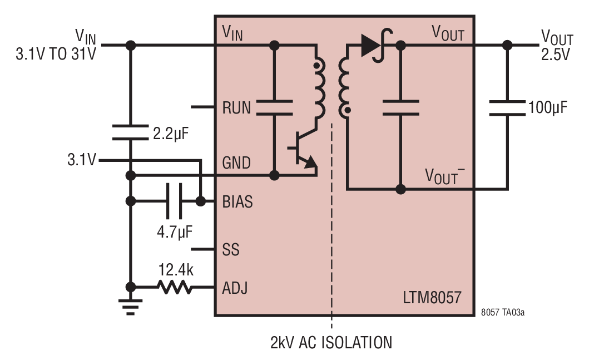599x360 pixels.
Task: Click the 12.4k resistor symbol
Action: click(x=175, y=287)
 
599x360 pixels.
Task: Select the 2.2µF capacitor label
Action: click(x=171, y=134)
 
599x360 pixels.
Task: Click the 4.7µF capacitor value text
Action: click(x=175, y=231)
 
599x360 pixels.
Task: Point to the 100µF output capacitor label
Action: click(x=548, y=108)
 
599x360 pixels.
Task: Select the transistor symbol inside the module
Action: click(x=304, y=149)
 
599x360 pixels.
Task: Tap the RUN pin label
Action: click(x=236, y=108)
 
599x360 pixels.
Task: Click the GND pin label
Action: click(x=236, y=163)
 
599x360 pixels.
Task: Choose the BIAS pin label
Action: click(x=237, y=202)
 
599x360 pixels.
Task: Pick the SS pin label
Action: click(x=231, y=250)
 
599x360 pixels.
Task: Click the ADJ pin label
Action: click(x=235, y=288)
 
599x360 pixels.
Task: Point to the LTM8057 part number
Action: click(x=432, y=297)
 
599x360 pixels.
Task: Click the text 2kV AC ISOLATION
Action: click(x=331, y=342)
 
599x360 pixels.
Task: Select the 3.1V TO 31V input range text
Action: click(x=56, y=54)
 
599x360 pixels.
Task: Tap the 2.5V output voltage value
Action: click(x=555, y=55)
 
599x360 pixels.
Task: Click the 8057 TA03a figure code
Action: click(x=503, y=312)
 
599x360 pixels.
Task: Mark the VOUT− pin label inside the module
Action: click(x=445, y=176)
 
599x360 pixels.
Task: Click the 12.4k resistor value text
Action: click(x=176, y=270)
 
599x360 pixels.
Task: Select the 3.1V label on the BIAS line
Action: click(x=82, y=159)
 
